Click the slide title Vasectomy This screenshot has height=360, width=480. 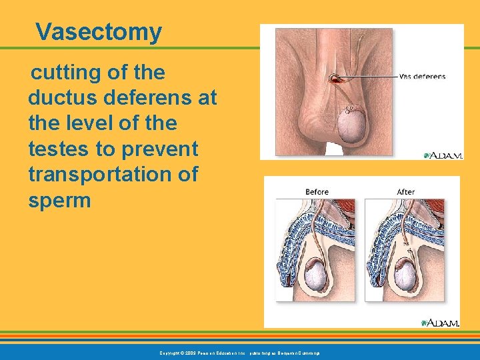(x=99, y=31)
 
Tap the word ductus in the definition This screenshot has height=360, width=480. (x=58, y=98)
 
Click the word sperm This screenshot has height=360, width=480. (x=59, y=201)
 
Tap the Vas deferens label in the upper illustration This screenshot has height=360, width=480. (x=422, y=76)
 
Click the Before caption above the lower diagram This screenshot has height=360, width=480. (x=317, y=192)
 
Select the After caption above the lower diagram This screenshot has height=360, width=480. (x=405, y=192)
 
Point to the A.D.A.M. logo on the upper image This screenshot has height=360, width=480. (x=443, y=155)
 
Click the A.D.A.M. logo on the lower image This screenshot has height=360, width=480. (x=441, y=323)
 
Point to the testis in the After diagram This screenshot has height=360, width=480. (x=406, y=273)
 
